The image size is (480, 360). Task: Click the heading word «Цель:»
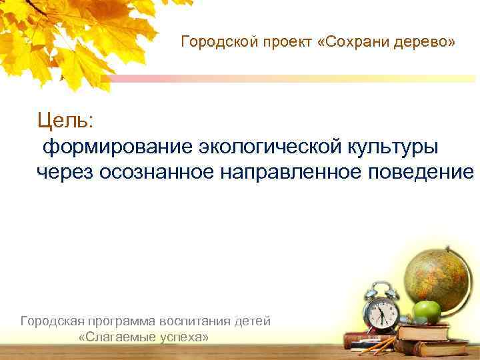pos(66,121)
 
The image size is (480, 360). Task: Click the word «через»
pos(65,172)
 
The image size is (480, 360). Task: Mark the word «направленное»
pos(291,172)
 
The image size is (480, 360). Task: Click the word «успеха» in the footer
pos(186,337)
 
